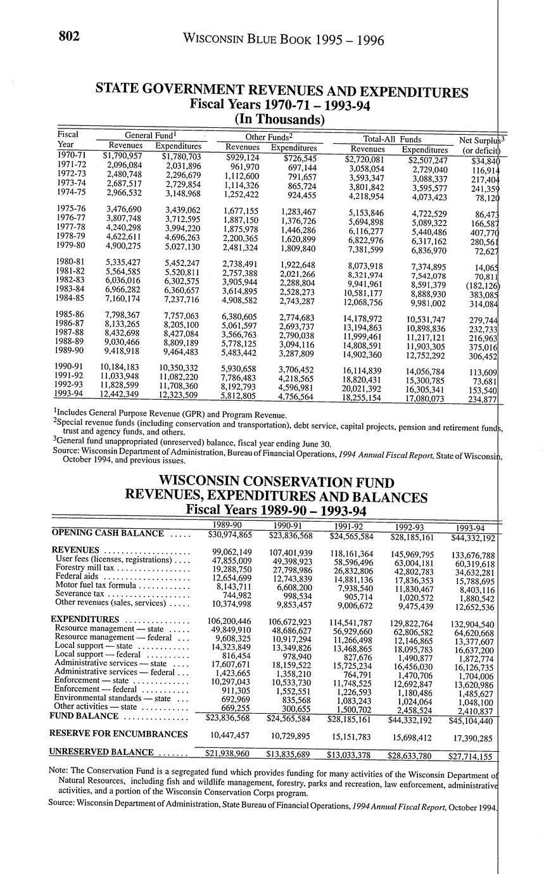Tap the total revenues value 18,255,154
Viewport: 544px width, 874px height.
click(362, 398)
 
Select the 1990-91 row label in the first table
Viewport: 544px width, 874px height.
click(72, 367)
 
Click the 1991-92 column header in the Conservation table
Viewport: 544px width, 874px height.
click(346, 526)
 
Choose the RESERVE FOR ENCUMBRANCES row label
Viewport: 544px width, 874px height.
click(120, 734)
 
